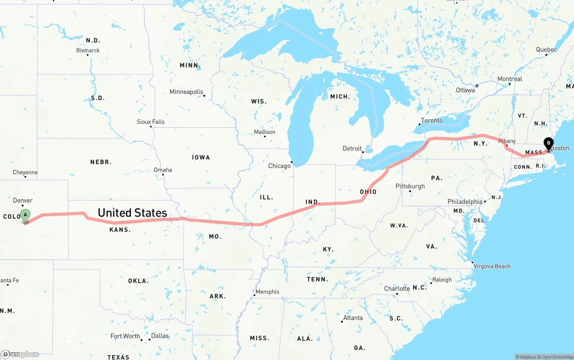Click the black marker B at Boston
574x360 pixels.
point(548,143)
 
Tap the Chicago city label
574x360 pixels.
point(279,166)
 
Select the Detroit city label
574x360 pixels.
point(352,148)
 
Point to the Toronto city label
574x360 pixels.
point(431,121)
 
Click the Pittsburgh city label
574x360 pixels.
point(410,186)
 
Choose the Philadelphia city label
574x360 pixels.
point(465,202)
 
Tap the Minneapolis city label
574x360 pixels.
point(186,92)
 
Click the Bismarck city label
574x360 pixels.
point(88,50)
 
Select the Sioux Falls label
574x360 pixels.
point(151,121)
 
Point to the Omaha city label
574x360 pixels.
point(163,170)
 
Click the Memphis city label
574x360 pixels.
point(267,292)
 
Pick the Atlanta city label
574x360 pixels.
point(353,318)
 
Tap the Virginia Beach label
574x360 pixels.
point(492,266)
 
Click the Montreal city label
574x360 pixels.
point(509,79)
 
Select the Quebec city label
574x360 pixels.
point(546,50)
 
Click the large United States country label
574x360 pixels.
point(132,213)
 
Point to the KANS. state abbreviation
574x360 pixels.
point(120,230)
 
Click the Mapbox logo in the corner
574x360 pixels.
point(20,354)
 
